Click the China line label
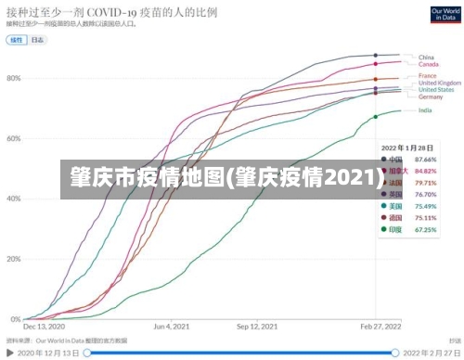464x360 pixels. [426, 57]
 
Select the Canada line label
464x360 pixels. [428, 64]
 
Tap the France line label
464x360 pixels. [427, 75]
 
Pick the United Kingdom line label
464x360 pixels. [438, 83]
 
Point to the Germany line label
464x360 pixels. [431, 96]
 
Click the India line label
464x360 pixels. [425, 110]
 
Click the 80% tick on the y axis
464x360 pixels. [13, 78]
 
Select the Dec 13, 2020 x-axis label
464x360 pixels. [44, 327]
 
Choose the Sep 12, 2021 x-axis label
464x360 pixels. [257, 327]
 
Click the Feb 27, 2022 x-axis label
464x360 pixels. [380, 327]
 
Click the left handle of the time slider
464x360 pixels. [87, 353]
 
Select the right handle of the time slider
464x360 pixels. [395, 353]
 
